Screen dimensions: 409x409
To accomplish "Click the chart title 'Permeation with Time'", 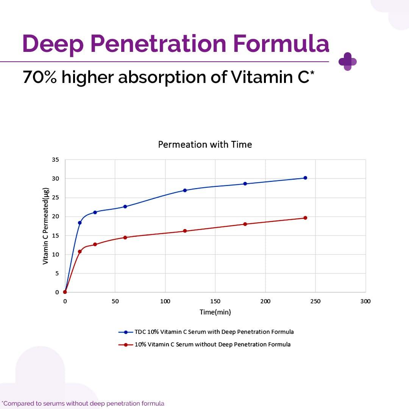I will point(204,145).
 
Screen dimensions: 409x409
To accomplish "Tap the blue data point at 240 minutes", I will point(305,178).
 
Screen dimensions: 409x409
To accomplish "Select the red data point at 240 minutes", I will point(305,218).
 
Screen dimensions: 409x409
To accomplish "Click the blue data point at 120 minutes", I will point(185,190).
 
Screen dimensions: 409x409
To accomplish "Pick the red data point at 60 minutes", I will point(125,237).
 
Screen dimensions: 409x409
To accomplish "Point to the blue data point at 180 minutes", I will point(245,184).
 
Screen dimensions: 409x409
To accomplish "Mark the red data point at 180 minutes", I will point(245,224).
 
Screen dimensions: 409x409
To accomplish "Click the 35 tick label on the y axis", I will point(55,160).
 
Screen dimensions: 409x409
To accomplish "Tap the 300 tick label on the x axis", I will point(365,301).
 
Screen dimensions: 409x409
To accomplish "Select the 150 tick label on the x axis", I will point(215,301).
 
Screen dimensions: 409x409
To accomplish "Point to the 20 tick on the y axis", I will point(55,217).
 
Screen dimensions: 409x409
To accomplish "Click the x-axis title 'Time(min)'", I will point(215,312).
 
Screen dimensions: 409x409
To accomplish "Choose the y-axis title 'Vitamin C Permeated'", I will point(45,226).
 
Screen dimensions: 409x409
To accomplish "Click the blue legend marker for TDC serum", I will point(125,332).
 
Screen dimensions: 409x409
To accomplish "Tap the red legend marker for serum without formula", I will point(125,345).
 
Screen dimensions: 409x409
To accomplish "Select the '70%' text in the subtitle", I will point(40,77).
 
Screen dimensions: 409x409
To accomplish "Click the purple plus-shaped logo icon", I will point(348,62).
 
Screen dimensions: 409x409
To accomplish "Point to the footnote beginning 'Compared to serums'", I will point(83,403).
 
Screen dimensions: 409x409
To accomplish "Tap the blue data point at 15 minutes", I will point(80,223).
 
